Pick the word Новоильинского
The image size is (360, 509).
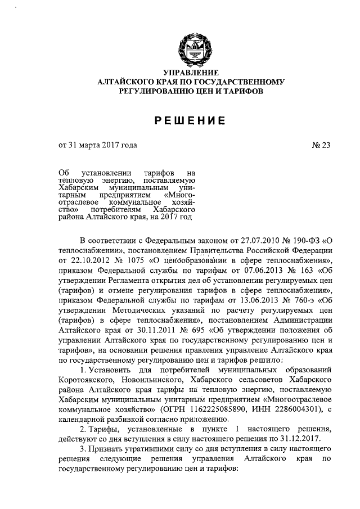162,378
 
